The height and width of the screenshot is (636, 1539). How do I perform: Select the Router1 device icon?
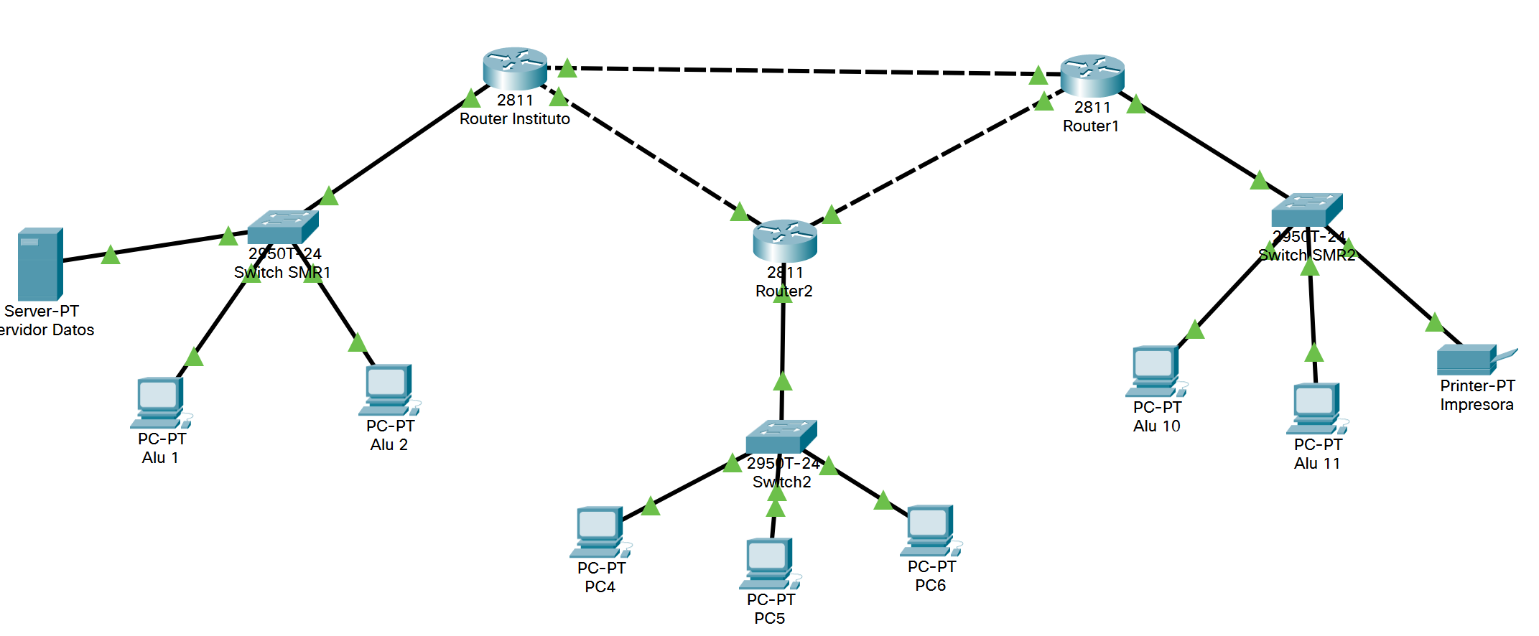(x=1092, y=75)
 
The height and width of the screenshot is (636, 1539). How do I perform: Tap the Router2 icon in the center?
(x=784, y=240)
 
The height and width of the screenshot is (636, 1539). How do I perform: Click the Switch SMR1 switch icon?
(x=282, y=227)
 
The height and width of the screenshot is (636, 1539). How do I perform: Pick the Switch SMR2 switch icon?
(x=1306, y=210)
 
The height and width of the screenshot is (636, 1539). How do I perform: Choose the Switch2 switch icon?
(x=781, y=436)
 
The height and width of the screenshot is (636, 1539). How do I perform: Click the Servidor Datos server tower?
(x=40, y=264)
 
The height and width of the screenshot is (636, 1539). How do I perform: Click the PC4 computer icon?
(x=599, y=532)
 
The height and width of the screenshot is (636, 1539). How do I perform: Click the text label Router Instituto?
(x=514, y=119)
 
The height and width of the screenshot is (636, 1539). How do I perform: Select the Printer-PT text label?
(x=1477, y=386)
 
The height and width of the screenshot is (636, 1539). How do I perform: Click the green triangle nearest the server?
(x=111, y=255)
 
